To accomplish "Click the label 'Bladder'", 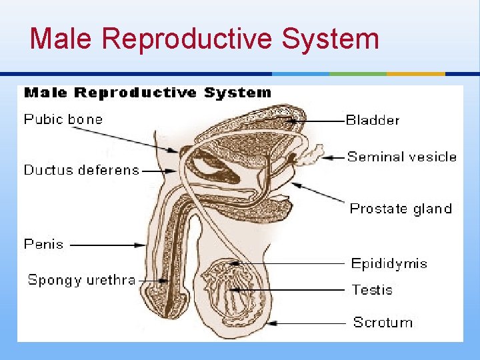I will coord(373,121).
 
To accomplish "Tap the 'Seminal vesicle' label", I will coord(402,157).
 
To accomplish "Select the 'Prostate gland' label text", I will coord(401,209).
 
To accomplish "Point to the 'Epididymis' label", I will coord(389,263).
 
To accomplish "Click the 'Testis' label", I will coord(372,290).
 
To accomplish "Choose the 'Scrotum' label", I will coord(383,323).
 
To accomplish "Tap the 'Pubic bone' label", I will coord(63,120).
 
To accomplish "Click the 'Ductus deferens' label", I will coord(81,170).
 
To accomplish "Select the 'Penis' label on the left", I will coord(44,244).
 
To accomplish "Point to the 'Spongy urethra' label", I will coord(81,280).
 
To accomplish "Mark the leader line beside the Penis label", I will coord(107,245).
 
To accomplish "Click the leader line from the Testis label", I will coord(293,290).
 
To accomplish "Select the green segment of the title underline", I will coord(358,73).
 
